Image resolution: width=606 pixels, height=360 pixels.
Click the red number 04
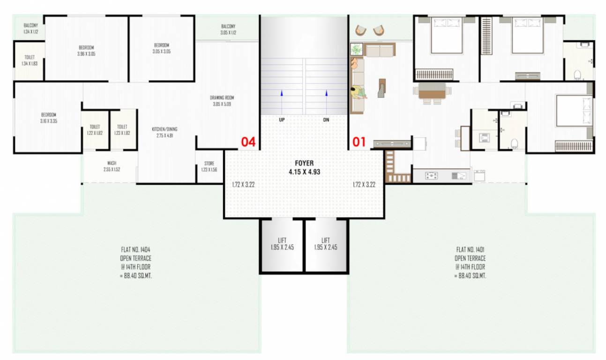tap(248, 142)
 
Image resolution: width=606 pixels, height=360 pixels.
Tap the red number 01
tap(359, 142)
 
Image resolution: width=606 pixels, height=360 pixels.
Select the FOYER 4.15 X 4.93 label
tap(304, 167)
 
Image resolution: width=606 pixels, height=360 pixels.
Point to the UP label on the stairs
tap(282, 120)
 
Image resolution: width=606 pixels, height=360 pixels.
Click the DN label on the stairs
tap(326, 120)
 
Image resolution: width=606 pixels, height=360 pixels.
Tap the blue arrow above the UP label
tap(282, 93)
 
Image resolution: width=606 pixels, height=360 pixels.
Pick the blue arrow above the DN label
tap(326, 93)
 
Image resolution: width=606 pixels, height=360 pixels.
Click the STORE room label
tap(209, 166)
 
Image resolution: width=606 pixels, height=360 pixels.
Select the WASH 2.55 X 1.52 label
tap(112, 166)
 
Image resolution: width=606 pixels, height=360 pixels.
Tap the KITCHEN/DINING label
tap(165, 132)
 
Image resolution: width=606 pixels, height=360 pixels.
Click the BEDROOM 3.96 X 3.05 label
tap(86, 51)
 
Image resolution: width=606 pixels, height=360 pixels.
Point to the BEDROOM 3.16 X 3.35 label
tap(49, 118)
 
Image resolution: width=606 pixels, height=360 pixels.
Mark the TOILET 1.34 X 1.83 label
tap(30, 60)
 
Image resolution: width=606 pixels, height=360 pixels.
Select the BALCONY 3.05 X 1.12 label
tap(228, 30)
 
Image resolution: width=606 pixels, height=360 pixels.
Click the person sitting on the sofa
tap(359, 92)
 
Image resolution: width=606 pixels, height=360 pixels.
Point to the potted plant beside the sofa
tap(357, 49)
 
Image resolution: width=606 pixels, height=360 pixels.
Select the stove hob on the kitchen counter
tap(431, 176)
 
